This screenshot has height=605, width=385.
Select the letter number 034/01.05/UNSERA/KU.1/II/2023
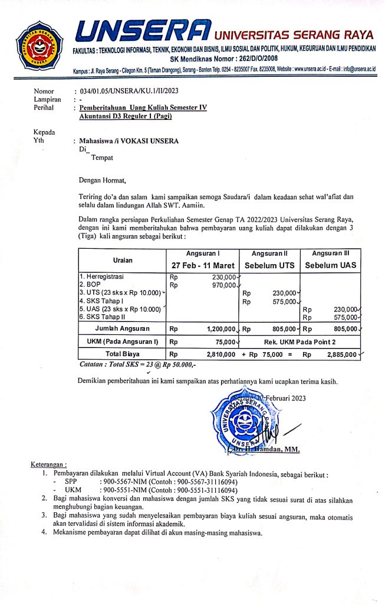(127, 92)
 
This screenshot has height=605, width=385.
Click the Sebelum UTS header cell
(269, 265)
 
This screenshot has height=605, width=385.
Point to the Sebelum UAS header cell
(330, 265)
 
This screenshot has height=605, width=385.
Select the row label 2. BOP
(90, 284)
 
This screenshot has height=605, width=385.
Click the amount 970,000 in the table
(223, 285)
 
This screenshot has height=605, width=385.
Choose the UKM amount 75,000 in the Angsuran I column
(225, 341)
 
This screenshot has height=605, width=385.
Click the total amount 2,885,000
(340, 354)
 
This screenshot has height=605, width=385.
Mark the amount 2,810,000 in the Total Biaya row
(221, 354)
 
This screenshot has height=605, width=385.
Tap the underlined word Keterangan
(49, 464)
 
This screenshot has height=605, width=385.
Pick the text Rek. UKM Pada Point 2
(301, 341)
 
